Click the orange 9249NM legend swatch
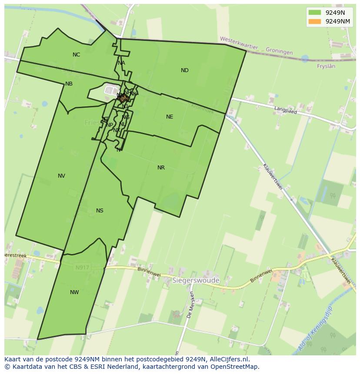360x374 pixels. click(x=315, y=21)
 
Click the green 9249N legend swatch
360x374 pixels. click(x=315, y=13)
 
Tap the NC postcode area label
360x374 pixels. click(x=77, y=55)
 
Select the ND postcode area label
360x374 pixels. click(x=185, y=70)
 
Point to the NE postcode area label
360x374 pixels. click(x=170, y=117)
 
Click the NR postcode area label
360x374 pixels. click(x=161, y=168)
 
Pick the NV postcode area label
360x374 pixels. click(x=61, y=176)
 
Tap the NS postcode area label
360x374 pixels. click(x=100, y=211)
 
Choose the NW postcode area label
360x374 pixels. click(x=74, y=292)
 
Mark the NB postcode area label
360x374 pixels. click(x=69, y=84)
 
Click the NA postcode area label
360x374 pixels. click(x=121, y=63)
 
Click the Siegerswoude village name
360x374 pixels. click(x=196, y=281)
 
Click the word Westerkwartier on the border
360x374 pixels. click(x=239, y=43)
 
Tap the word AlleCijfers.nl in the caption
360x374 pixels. click(x=228, y=359)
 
